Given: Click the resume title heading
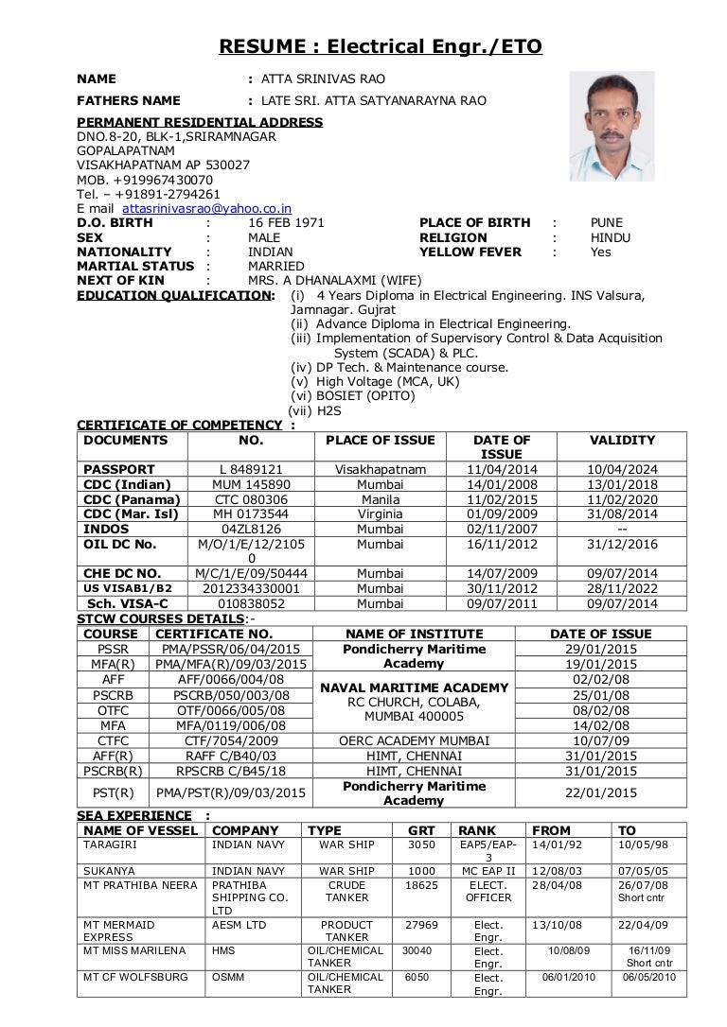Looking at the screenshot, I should [x=381, y=45].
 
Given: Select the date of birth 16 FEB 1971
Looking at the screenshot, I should [x=286, y=223].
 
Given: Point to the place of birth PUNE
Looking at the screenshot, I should [x=607, y=223].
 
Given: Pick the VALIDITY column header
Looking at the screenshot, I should [x=622, y=441].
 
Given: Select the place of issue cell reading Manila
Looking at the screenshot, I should [x=380, y=499].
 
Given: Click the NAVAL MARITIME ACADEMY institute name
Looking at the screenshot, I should [x=415, y=688].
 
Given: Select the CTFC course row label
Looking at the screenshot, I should [x=113, y=740].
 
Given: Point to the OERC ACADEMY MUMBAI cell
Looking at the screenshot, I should [x=415, y=740].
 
